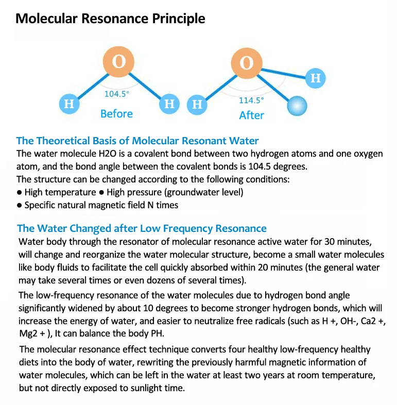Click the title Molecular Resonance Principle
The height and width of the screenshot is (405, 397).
pyautogui.click(x=110, y=19)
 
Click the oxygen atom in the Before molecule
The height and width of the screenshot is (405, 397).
pyautogui.click(x=119, y=62)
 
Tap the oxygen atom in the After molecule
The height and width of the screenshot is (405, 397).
pyautogui.click(x=247, y=63)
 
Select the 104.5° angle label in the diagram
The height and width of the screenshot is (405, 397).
pyautogui.click(x=117, y=94)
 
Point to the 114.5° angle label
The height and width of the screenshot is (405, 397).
pyautogui.click(x=251, y=100)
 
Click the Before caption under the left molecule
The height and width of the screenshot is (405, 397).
pyautogui.click(x=116, y=114)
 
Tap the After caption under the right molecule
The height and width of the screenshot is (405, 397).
pyautogui.click(x=251, y=115)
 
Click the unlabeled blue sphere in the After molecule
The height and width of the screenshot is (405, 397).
pyautogui.click(x=296, y=107)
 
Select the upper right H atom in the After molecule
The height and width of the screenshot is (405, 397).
pyautogui.click(x=316, y=78)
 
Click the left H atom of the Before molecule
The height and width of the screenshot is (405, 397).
pyautogui.click(x=69, y=104)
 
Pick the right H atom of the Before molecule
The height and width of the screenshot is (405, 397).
pyautogui.click(x=169, y=104)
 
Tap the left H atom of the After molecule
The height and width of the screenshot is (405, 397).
pyautogui.click(x=197, y=105)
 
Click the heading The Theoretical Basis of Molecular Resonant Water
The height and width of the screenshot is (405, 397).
pyautogui.click(x=137, y=141)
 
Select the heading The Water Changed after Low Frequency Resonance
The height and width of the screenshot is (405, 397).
pyautogui.click(x=142, y=228)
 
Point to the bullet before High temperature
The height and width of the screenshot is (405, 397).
pyautogui.click(x=20, y=192)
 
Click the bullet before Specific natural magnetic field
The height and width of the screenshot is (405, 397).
pyautogui.click(x=20, y=205)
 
